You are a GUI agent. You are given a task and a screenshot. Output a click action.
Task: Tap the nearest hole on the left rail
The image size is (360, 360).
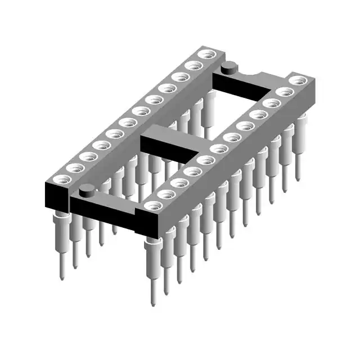click(x=60, y=180)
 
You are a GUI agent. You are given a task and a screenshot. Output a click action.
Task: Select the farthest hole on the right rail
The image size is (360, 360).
click(x=297, y=80)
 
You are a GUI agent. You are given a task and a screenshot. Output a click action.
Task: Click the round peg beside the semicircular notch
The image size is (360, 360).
click(x=228, y=68)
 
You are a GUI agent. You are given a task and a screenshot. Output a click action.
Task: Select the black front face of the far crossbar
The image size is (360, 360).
click(x=236, y=87)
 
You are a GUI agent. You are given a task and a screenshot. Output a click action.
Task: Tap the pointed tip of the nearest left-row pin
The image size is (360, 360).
click(x=61, y=277)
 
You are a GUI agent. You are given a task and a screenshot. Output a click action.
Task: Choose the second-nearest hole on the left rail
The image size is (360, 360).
click(x=74, y=168)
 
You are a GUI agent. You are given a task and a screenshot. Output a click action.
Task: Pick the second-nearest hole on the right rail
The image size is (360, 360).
click(x=165, y=194)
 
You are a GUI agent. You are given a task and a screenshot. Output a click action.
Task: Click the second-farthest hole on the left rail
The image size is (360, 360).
click(x=193, y=66)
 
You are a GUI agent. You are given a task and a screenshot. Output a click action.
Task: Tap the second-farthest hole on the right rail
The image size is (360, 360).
click(x=284, y=92)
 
